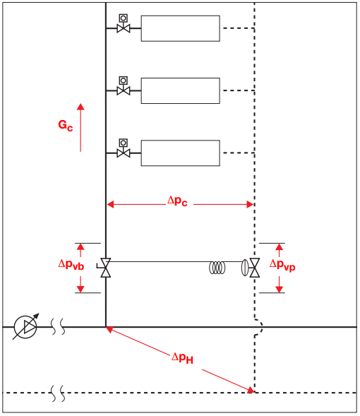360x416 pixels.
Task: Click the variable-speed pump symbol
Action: (x=25, y=326)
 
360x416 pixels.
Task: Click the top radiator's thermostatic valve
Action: (x=124, y=24)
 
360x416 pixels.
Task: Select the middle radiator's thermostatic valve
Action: (x=124, y=86)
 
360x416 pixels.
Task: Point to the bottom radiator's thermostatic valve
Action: (x=124, y=148)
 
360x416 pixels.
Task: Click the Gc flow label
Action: (x=65, y=125)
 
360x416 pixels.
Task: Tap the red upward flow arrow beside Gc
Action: (x=80, y=128)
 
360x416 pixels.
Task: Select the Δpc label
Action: (x=177, y=201)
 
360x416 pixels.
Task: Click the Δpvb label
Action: (x=71, y=265)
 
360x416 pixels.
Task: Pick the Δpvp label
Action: (x=282, y=265)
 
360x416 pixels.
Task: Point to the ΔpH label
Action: (x=182, y=358)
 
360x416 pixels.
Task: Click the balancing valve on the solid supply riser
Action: (x=105, y=268)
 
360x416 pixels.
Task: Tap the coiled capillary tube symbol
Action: (x=217, y=268)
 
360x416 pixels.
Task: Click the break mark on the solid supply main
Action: (x=58, y=326)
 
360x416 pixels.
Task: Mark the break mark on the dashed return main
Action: (x=58, y=393)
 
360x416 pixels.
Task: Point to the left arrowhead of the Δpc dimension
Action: (x=110, y=204)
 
